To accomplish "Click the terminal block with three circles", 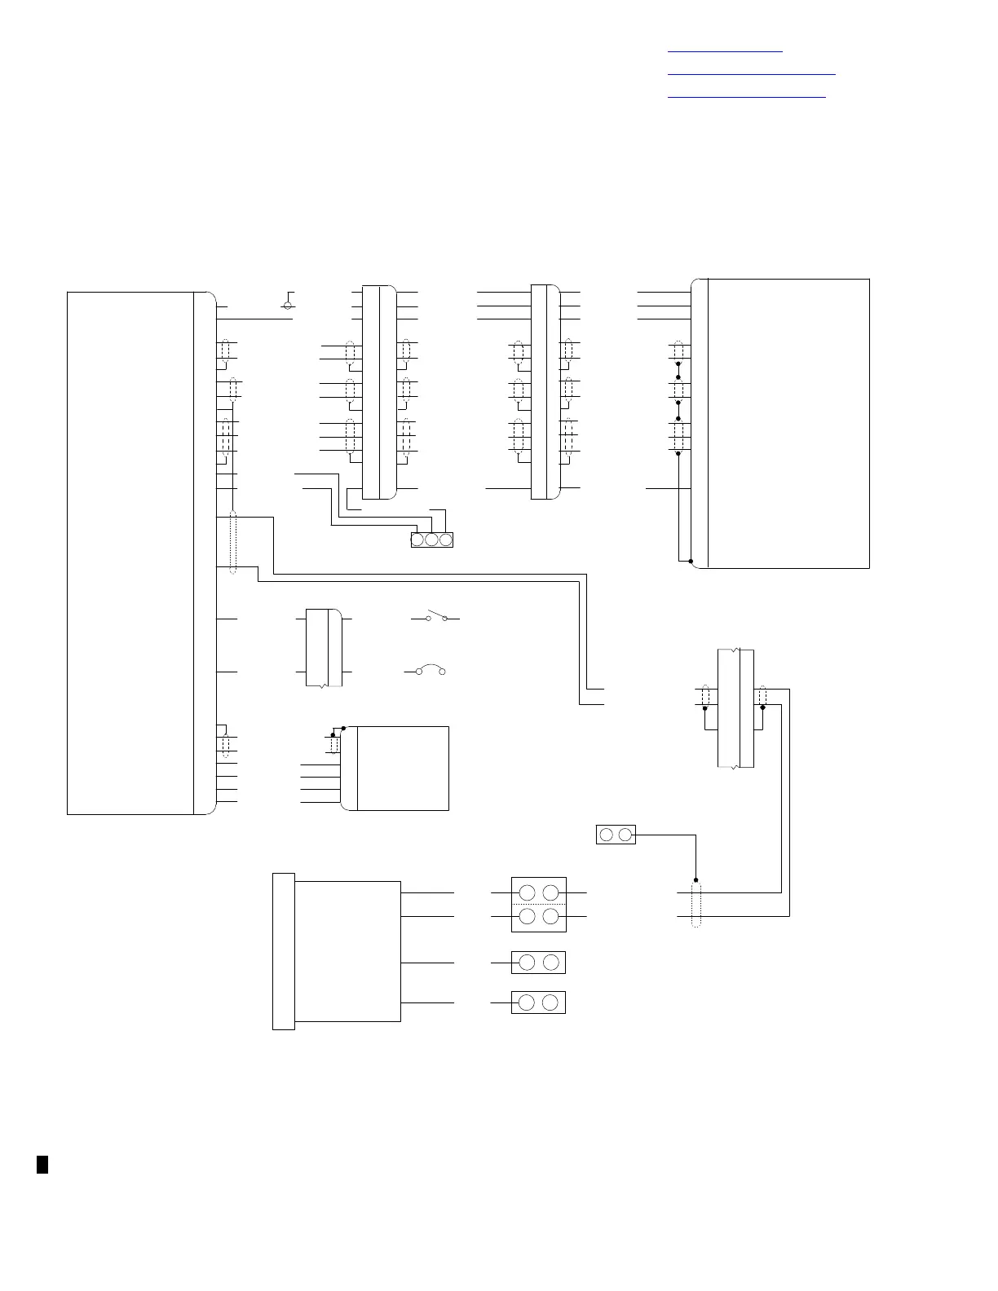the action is [432, 540].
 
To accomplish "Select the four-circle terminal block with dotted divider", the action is [538, 905].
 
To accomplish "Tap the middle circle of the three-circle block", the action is [432, 540].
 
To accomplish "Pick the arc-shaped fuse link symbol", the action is [430, 671].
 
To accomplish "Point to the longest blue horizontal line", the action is [752, 74].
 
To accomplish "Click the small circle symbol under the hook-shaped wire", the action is [287, 306].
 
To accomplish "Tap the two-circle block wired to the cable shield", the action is [616, 835].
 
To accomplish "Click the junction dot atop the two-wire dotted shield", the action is [696, 880].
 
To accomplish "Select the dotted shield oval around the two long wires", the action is [696, 905].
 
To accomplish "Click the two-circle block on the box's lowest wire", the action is [538, 1002].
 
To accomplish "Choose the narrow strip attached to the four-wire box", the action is [283, 951].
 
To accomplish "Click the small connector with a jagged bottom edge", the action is [324, 647].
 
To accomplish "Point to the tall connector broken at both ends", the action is [735, 707].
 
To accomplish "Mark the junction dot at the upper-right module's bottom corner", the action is [691, 562].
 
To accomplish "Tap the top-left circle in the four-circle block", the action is [527, 892].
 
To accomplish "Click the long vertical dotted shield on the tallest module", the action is [234, 543].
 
